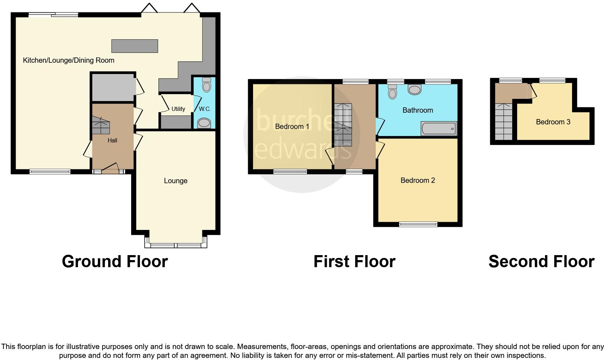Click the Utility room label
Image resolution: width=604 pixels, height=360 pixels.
(x=178, y=109)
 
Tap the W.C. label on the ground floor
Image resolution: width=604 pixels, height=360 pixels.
(x=205, y=109)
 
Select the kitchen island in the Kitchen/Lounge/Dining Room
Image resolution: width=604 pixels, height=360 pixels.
(x=135, y=46)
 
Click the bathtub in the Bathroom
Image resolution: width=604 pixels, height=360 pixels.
(x=438, y=129)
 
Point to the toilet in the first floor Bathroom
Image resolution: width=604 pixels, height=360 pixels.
(x=392, y=92)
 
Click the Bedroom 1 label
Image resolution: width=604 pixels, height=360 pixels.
(x=292, y=126)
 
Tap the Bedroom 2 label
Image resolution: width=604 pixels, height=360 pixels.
(x=418, y=180)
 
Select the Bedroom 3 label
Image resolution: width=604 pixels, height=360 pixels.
(x=553, y=122)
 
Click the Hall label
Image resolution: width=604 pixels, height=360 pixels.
(x=112, y=140)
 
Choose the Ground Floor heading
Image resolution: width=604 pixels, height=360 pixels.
(x=114, y=261)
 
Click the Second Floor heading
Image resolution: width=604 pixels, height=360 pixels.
(x=541, y=261)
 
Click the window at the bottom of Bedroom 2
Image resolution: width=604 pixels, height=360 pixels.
(x=418, y=224)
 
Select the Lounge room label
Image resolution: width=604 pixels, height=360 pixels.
(x=175, y=181)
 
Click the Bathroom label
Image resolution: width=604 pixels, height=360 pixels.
(x=418, y=110)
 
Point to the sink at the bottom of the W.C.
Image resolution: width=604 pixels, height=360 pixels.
(x=204, y=123)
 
